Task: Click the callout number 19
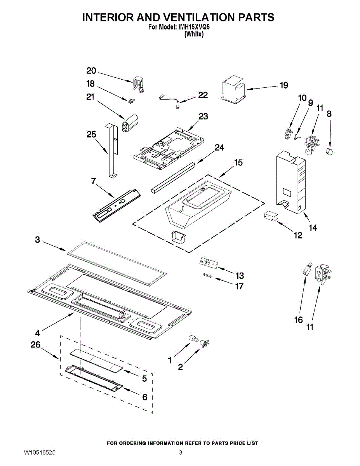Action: tap(284, 85)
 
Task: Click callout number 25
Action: tap(91, 135)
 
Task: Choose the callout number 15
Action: tap(238, 162)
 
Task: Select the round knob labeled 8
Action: tap(330, 150)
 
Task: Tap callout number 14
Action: tap(313, 228)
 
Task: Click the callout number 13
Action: tap(240, 276)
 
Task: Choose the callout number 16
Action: tap(298, 320)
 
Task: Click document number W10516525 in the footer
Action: tap(39, 453)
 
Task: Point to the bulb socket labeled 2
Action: tap(204, 343)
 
